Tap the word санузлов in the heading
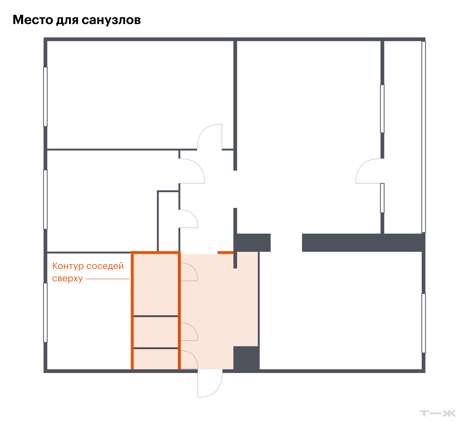tap(111, 20)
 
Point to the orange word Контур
tap(68, 266)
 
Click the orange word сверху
tap(67, 279)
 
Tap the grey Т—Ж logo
tap(438, 413)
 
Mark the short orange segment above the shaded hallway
tap(226, 253)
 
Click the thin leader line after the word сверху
tap(108, 279)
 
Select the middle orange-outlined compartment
tap(156, 332)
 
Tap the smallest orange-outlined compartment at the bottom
tap(156, 359)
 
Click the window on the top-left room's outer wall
tap(45, 97)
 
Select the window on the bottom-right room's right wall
tap(424, 323)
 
